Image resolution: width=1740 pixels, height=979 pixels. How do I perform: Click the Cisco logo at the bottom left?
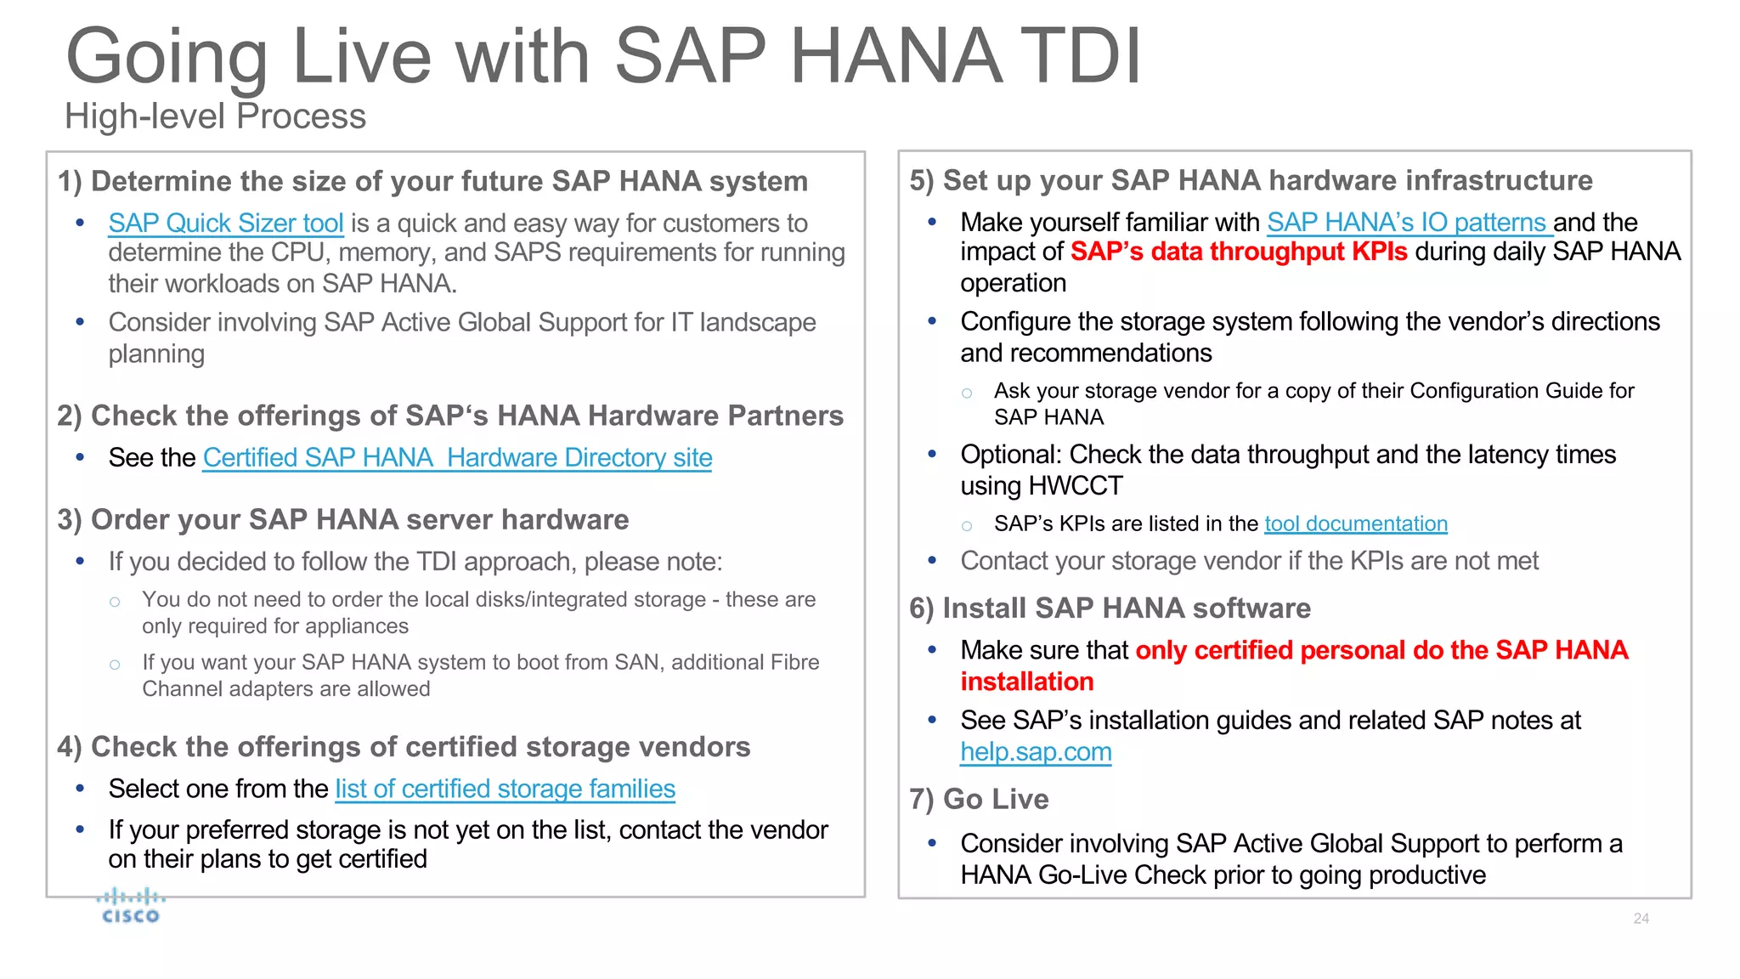130,906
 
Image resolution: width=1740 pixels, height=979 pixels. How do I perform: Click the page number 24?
1641,919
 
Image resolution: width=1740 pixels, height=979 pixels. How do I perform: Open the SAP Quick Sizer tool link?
225,224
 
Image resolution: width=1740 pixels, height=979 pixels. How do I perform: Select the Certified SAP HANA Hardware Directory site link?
457,458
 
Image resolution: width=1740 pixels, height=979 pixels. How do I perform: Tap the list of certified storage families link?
505,789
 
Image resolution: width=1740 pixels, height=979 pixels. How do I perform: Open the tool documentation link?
1355,524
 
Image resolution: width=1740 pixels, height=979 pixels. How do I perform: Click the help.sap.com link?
1036,752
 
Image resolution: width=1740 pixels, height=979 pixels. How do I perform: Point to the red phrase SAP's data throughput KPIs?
1238,252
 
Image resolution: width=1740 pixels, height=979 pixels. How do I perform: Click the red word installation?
1026,682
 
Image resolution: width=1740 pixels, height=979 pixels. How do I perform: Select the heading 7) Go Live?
979,800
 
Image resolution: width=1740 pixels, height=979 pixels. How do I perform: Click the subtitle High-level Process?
216,116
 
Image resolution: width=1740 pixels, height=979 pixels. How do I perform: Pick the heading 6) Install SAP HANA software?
1110,608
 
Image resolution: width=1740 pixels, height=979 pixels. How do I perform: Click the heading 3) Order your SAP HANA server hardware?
343,520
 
